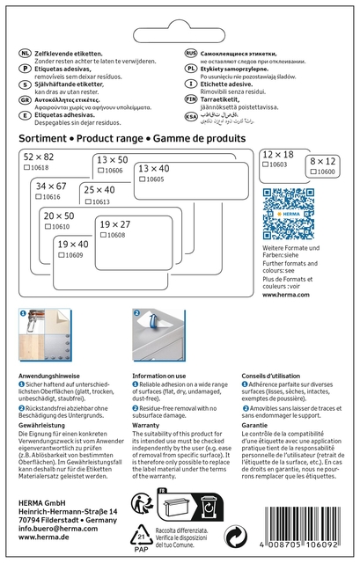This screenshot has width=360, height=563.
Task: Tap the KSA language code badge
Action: pyautogui.click(x=190, y=115)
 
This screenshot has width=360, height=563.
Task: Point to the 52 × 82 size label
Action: pyautogui.click(x=40, y=156)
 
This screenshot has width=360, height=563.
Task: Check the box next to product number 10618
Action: pyautogui.click(x=26, y=166)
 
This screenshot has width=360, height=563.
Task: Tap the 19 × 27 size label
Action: pyautogui.click(x=114, y=225)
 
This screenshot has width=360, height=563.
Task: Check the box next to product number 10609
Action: pyautogui.click(x=61, y=255)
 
